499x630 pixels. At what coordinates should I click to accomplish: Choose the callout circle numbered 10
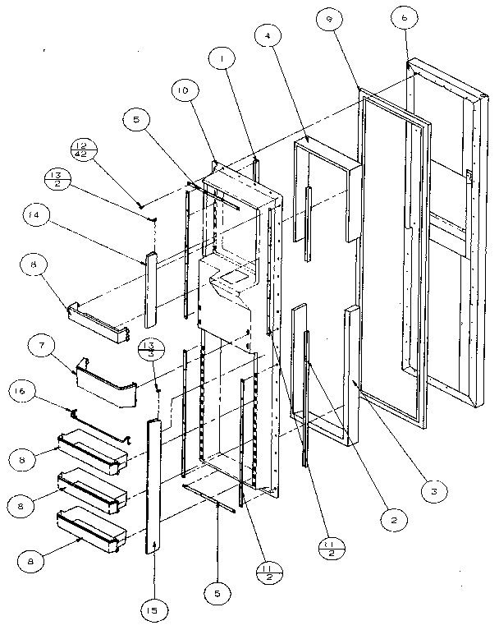click(181, 89)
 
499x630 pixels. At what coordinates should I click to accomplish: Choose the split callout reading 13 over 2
click(57, 178)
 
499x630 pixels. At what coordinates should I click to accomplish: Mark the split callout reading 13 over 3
click(150, 347)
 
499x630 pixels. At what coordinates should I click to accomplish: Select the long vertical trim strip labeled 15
click(153, 485)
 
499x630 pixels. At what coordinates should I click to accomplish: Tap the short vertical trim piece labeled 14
click(150, 287)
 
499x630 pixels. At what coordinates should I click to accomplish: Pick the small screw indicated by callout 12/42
click(141, 203)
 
